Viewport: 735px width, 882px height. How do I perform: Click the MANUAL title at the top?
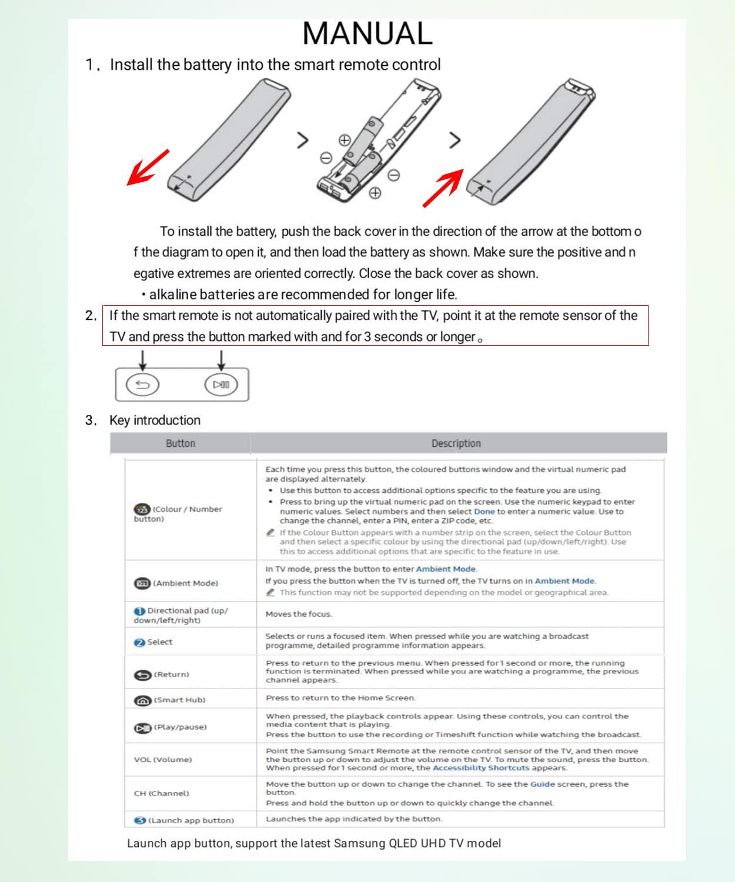[367, 34]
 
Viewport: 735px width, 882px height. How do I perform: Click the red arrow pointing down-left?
[148, 168]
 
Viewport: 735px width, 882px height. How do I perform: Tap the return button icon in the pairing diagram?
[143, 385]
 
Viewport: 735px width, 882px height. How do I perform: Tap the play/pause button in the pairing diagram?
[221, 385]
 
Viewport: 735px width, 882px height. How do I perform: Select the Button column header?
[180, 443]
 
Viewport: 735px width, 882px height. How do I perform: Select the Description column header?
[456, 443]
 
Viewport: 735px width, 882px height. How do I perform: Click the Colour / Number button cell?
[178, 513]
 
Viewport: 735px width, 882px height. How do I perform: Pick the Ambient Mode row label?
[176, 583]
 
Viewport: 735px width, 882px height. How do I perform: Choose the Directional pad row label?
[181, 615]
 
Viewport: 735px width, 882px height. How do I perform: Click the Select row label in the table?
[153, 642]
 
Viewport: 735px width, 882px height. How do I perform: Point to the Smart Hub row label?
[171, 700]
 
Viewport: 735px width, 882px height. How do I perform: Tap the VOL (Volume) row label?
[162, 760]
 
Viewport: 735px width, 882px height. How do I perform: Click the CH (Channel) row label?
[161, 793]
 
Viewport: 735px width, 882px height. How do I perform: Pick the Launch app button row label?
[184, 820]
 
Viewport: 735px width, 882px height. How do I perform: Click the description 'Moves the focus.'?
[299, 614]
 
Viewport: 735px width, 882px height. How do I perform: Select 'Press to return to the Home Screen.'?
[340, 698]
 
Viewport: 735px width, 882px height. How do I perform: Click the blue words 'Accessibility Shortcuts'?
[480, 768]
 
